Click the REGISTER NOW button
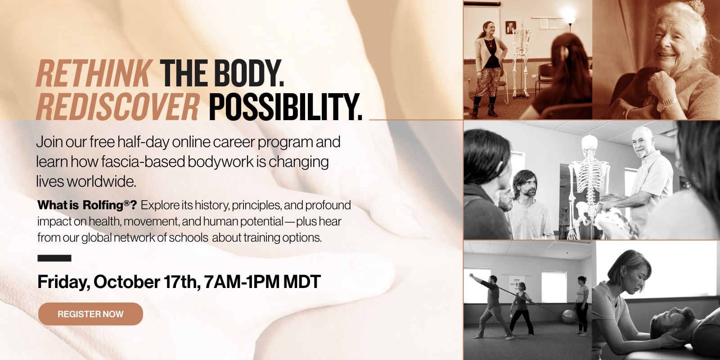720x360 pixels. point(90,314)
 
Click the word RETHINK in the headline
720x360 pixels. point(94,73)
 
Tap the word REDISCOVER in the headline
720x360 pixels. point(117,107)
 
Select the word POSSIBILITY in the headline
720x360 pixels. point(285,107)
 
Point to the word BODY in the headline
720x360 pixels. point(249,73)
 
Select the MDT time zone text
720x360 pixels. point(302,282)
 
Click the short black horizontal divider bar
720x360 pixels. point(54,258)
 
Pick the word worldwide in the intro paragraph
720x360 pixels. point(102,182)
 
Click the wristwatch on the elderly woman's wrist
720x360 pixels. point(668,103)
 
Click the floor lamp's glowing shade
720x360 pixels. point(568,15)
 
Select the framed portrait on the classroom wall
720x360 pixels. point(510,27)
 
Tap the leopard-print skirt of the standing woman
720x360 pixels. point(488,82)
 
